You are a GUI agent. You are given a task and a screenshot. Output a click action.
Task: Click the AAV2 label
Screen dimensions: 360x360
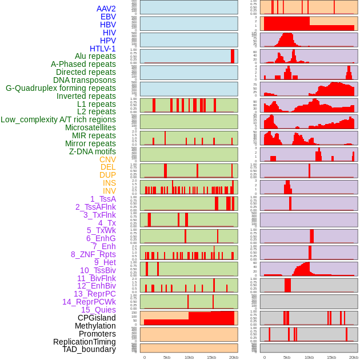click(x=106, y=9)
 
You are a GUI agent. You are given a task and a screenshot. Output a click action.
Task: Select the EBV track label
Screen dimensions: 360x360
click(x=108, y=17)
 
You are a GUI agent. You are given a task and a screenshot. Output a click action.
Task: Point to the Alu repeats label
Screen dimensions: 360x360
click(x=95, y=57)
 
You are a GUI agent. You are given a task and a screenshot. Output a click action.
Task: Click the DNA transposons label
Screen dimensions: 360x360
click(x=84, y=81)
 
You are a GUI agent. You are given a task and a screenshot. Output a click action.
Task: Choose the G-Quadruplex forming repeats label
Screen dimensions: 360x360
click(x=61, y=89)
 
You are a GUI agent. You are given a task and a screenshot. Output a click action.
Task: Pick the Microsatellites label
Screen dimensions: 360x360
click(x=90, y=127)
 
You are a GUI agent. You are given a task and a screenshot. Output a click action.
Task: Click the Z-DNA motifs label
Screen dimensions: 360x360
click(x=92, y=151)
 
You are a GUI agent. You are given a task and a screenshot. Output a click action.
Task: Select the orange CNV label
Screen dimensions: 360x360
click(x=107, y=159)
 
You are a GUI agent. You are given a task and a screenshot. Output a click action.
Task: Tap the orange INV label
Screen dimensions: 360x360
click(x=109, y=191)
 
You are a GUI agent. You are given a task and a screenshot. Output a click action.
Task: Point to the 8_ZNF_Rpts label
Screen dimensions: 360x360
click(x=93, y=254)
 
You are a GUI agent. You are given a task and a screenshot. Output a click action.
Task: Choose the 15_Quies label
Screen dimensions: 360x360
click(x=98, y=310)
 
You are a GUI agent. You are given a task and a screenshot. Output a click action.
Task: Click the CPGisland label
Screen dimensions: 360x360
click(x=97, y=318)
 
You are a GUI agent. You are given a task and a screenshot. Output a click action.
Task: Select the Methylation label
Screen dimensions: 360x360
click(x=95, y=326)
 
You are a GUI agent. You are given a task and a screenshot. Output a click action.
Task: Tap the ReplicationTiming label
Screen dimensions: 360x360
click(x=84, y=342)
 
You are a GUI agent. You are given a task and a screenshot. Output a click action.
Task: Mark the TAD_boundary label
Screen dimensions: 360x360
click(x=89, y=349)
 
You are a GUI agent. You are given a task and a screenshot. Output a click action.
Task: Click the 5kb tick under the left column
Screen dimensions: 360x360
click(x=167, y=357)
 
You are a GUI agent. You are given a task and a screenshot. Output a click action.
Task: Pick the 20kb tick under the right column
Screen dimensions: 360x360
click(x=354, y=357)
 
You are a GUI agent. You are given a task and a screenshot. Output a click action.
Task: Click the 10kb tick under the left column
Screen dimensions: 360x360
click(x=189, y=357)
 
